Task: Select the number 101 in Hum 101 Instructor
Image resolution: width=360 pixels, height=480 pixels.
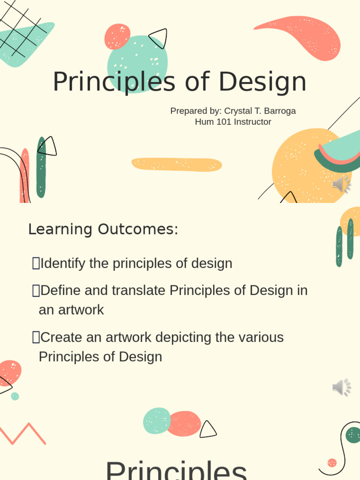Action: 224,122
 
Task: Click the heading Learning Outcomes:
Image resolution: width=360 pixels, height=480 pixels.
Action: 103,230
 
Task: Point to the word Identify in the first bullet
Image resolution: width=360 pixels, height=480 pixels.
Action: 63,263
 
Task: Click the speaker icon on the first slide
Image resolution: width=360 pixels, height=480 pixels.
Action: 342,185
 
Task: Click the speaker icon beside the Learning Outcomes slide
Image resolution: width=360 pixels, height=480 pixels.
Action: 342,388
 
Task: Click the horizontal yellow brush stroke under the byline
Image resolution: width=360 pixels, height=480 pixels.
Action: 177,165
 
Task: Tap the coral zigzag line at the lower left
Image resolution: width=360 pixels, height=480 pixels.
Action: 23,434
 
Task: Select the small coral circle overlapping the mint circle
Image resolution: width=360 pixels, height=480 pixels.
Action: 117,36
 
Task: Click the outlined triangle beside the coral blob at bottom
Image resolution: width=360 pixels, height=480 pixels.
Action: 208,430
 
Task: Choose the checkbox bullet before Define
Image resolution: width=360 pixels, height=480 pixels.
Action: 36,291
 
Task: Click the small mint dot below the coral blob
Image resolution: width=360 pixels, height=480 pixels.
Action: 15,396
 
